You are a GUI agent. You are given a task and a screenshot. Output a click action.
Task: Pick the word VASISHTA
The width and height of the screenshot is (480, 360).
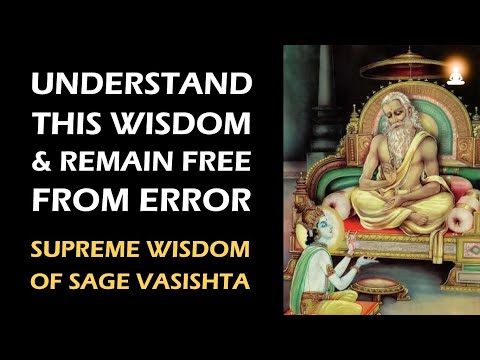[213, 277]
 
